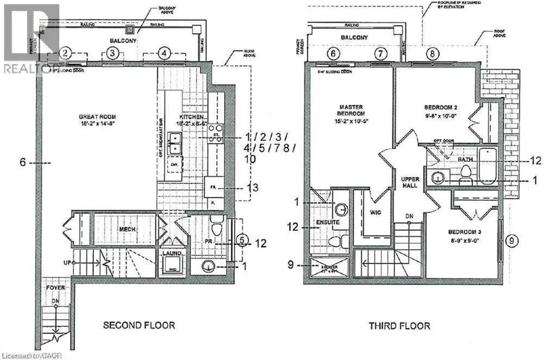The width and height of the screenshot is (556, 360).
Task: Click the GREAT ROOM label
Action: pyautogui.click(x=98, y=116)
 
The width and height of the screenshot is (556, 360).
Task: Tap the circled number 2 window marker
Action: pyautogui.click(x=65, y=53)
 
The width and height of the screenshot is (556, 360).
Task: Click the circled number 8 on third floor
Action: pyautogui.click(x=433, y=54)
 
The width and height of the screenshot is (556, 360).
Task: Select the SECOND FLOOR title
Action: pyautogui.click(x=139, y=325)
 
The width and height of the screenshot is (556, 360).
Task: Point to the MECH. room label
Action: pyautogui.click(x=128, y=229)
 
